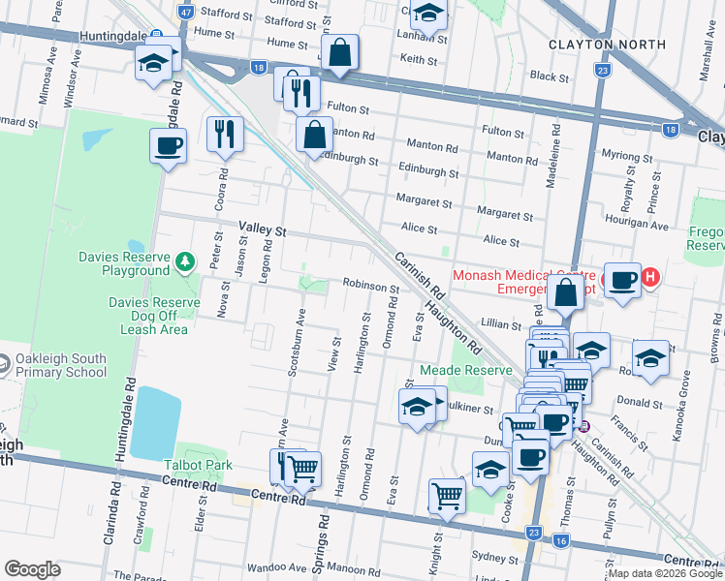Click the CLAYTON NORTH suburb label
[x=607, y=45]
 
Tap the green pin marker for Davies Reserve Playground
[x=184, y=260]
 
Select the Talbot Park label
[x=198, y=466]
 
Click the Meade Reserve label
[x=465, y=371]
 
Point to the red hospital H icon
[x=651, y=278]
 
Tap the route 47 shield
[x=186, y=12]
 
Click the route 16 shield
[x=562, y=540]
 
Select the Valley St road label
[x=264, y=231]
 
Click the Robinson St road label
[x=370, y=288]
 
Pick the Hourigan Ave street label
[x=645, y=226]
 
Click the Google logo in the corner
[x=32, y=569]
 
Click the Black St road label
[x=549, y=76]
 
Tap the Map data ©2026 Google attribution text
[x=665, y=573]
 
